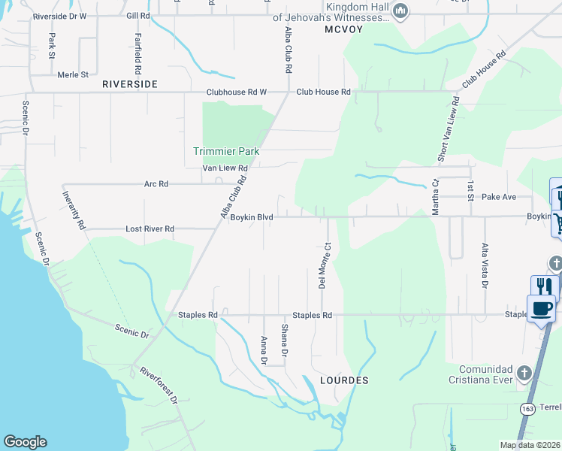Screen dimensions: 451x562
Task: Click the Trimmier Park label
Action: [226, 151]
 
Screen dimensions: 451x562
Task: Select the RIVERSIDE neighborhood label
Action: [130, 84]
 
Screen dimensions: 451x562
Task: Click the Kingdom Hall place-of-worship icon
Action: [400, 11]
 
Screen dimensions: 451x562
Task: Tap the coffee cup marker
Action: [541, 307]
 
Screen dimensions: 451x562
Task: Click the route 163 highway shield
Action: [527, 407]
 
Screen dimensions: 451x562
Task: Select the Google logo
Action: [25, 442]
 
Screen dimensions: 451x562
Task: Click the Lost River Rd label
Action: [150, 229]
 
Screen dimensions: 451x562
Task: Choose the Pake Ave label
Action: [498, 197]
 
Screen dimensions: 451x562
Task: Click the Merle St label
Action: [73, 74]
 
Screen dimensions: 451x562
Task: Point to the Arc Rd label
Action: [156, 183]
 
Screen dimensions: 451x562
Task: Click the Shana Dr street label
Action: [284, 341]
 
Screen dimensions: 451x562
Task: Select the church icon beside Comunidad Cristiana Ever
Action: [524, 373]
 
